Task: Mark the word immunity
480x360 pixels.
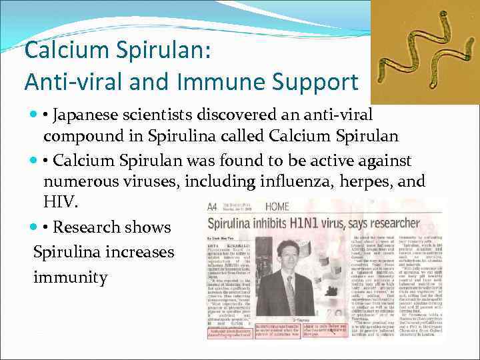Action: (70, 277)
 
